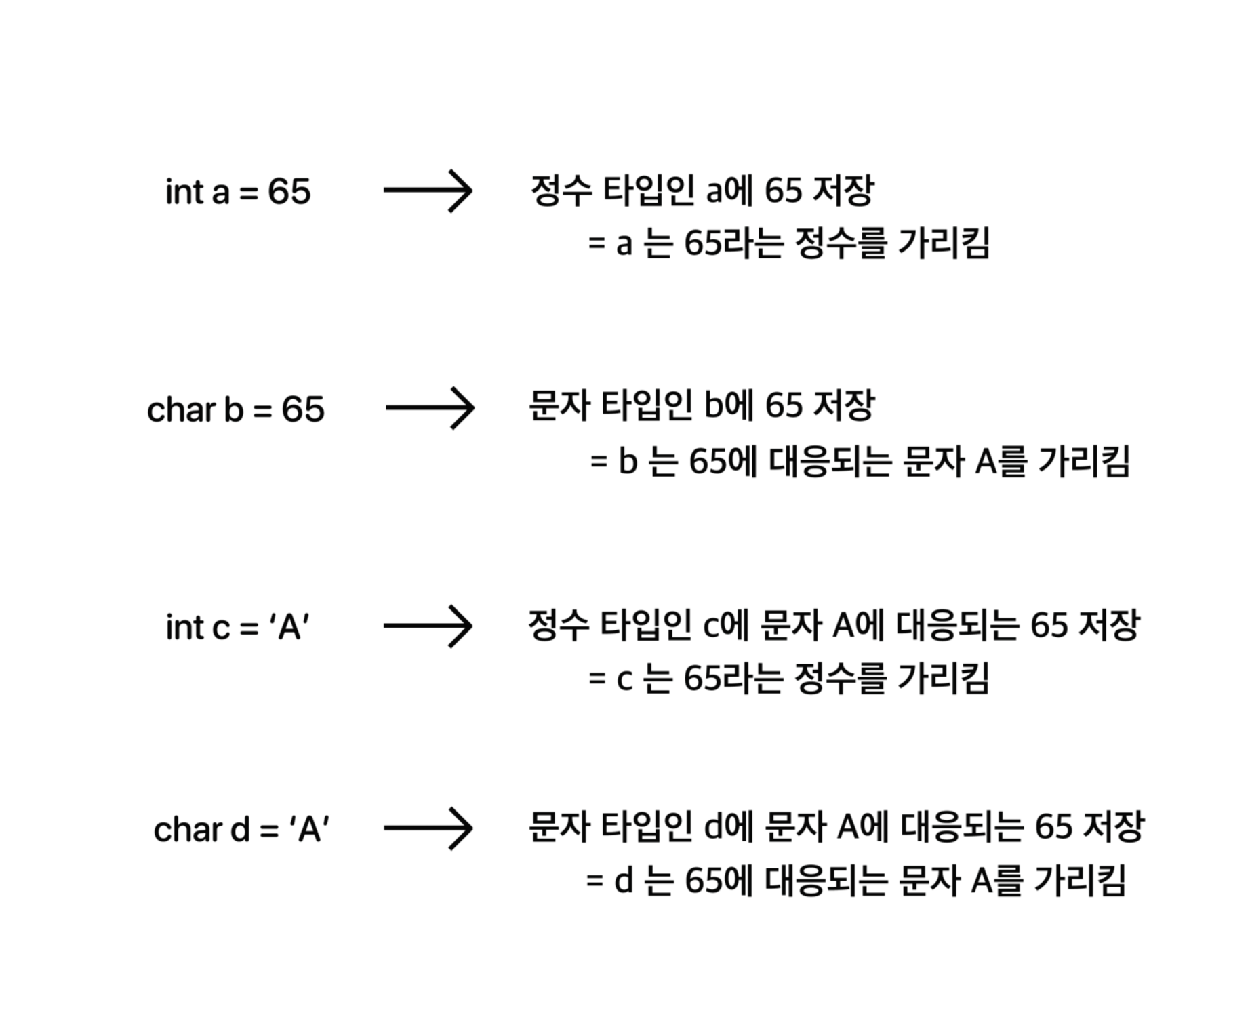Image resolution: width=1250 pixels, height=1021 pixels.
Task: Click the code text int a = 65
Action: coord(238,191)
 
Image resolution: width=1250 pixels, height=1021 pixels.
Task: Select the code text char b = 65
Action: coord(235,409)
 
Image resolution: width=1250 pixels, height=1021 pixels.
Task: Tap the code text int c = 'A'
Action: coord(238,627)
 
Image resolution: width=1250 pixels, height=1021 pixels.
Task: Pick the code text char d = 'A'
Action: coord(241,829)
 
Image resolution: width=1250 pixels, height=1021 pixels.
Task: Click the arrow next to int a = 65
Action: coord(428,191)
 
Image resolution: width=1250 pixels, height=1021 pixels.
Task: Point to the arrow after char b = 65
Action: coord(430,408)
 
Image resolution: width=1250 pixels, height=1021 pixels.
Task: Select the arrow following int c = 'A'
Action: coord(428,626)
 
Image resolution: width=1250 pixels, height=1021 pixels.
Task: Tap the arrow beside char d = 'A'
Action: coord(428,828)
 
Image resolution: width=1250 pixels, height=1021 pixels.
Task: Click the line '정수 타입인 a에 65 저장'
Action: coord(702,191)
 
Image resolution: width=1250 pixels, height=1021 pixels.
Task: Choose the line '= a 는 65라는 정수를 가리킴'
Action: coord(789,243)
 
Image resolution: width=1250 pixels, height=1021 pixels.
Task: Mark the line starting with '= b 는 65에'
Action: coord(860,462)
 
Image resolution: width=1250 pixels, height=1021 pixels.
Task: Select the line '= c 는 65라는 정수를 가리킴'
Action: coord(789,679)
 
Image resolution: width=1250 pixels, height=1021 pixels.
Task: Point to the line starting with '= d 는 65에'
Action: coord(855,881)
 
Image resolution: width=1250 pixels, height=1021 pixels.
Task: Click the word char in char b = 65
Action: coord(181,409)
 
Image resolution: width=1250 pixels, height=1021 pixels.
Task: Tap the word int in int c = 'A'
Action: coord(184,627)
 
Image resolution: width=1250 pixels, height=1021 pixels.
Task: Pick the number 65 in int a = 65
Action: coord(289,191)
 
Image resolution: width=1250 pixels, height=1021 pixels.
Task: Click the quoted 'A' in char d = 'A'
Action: coord(309,829)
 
